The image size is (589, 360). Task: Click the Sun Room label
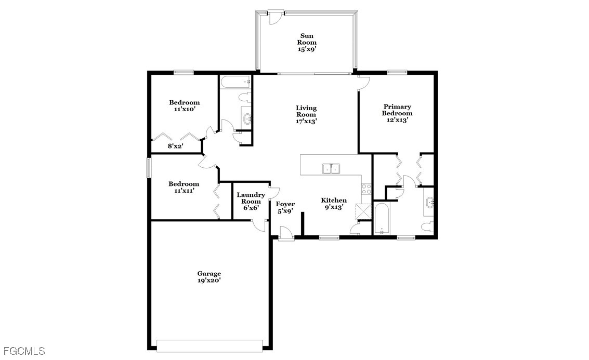[x=307, y=39]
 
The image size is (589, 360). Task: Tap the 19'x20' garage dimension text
[x=209, y=280]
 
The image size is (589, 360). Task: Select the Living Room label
[x=306, y=111]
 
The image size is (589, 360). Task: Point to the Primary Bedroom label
[x=397, y=110]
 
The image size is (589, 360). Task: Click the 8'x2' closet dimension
[x=175, y=146]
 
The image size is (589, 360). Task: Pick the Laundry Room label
[x=251, y=198]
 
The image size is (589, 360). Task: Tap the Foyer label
[x=285, y=204]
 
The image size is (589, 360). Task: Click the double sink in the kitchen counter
[x=331, y=169]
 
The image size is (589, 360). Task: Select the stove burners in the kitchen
[x=367, y=189]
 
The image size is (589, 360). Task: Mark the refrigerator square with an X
[x=363, y=211]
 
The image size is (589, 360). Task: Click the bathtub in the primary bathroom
[x=382, y=219]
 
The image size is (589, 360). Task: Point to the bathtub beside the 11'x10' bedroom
[x=235, y=82]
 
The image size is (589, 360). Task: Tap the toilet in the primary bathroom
[x=428, y=226]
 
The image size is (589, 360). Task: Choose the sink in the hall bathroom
[x=247, y=119]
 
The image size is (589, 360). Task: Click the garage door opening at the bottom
[x=210, y=346]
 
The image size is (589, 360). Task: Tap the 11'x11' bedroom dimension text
[x=184, y=190]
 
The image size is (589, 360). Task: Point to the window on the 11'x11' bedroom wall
[x=149, y=168]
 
